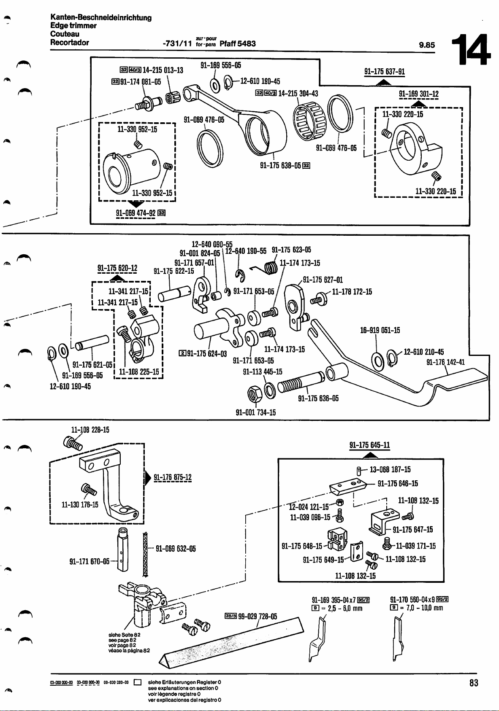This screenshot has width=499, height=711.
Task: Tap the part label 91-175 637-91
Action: tap(384, 71)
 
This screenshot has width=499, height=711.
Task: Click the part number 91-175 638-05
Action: tap(280, 165)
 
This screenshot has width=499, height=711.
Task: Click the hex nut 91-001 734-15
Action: tap(256, 394)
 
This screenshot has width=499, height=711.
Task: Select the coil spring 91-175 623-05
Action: tap(271, 267)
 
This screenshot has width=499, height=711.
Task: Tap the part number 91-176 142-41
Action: tap(445, 362)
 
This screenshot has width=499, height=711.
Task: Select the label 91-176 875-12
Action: tap(173, 477)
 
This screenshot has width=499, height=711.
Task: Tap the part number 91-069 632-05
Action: tap(176, 549)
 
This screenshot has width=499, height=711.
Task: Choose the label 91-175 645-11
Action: tap(369, 445)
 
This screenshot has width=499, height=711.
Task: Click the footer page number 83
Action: tap(474, 683)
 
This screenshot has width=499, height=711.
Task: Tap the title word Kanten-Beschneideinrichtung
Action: tap(101, 18)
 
